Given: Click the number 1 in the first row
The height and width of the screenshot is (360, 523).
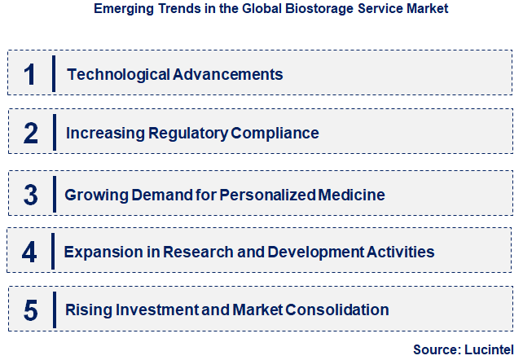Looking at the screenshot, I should [30, 74].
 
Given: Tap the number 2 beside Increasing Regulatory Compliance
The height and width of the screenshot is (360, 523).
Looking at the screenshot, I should [30, 133].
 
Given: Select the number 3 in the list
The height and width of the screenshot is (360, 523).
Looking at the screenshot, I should [31, 195].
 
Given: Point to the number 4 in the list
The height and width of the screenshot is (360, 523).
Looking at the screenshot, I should [29, 252].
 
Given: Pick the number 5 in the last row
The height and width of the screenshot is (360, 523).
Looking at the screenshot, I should [31, 310].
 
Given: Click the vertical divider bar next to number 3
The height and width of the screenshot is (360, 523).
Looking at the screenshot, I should [54, 194].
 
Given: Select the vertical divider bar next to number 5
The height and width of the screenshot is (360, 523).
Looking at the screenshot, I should [53, 310].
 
